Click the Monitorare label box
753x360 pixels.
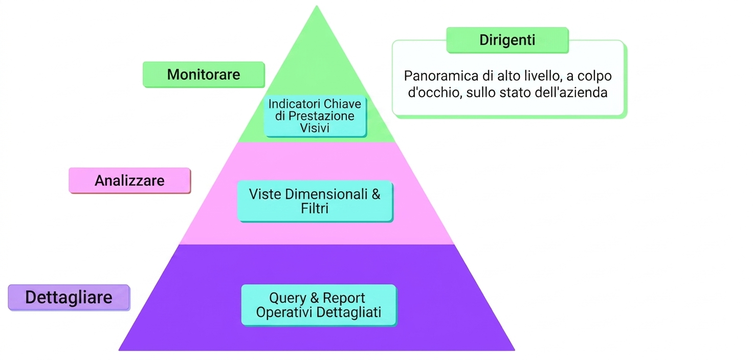(204, 75)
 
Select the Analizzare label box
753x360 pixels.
(130, 181)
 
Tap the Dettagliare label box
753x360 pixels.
(69, 298)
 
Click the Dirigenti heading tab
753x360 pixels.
(507, 40)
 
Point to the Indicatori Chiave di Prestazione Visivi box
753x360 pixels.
(315, 116)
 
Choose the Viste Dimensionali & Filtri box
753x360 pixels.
(315, 201)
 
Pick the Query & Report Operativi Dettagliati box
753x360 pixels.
(319, 305)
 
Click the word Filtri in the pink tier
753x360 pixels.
(315, 209)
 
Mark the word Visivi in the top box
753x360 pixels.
(315, 128)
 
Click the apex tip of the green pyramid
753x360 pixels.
(317, 6)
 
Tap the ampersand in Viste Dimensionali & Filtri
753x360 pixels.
(376, 194)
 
